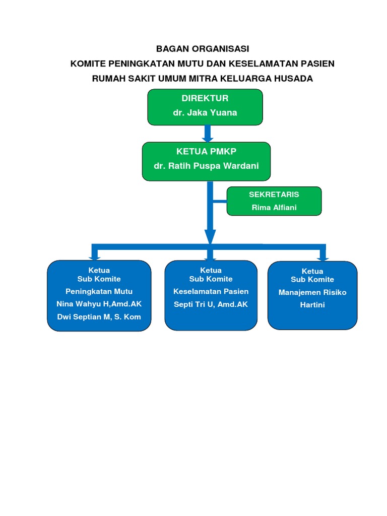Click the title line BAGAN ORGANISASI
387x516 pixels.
click(x=203, y=49)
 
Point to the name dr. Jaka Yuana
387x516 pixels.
click(x=205, y=113)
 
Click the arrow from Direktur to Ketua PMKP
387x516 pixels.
click(x=207, y=134)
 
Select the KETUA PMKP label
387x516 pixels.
click(x=206, y=152)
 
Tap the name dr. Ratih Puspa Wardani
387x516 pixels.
click(x=206, y=166)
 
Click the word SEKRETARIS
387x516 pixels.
click(x=274, y=195)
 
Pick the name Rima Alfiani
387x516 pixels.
click(x=274, y=207)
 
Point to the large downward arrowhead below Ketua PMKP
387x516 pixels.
click(x=210, y=236)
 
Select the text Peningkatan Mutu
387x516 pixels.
click(x=99, y=291)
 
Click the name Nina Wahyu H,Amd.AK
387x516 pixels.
click(x=99, y=304)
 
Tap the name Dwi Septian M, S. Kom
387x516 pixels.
click(x=99, y=317)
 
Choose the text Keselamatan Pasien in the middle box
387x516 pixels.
click(x=211, y=291)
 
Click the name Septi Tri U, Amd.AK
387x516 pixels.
click(x=211, y=304)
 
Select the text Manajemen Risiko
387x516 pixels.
click(x=312, y=292)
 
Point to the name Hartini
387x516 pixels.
click(x=312, y=305)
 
